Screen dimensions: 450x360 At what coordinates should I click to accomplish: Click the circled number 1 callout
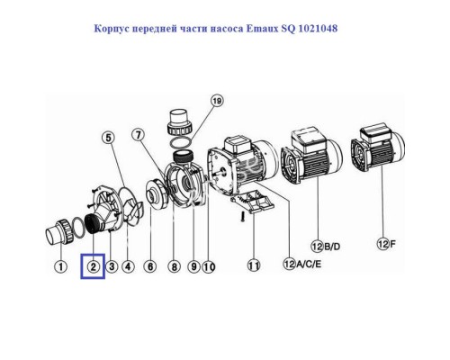tap(61, 266)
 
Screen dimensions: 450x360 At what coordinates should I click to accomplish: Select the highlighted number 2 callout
tap(93, 266)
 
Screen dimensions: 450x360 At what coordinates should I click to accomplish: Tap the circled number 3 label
tap(112, 266)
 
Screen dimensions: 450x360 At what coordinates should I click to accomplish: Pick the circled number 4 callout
tap(128, 266)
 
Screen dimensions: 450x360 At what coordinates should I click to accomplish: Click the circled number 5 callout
tap(108, 138)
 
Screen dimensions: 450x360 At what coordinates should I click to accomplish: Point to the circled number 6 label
tap(150, 266)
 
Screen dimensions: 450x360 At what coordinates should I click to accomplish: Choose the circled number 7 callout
tap(138, 135)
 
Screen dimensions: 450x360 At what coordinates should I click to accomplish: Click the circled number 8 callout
tap(175, 266)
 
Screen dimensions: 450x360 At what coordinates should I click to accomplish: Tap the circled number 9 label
tap(193, 266)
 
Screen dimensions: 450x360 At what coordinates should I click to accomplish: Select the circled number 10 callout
tap(209, 266)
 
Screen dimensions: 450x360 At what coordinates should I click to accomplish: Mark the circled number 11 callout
tap(254, 265)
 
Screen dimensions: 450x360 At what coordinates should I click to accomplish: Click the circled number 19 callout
tap(217, 101)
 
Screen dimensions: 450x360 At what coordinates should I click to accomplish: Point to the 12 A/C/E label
tap(302, 264)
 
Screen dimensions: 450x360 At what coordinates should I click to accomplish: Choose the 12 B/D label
tap(326, 247)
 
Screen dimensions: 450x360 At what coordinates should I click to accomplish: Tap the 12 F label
tap(386, 244)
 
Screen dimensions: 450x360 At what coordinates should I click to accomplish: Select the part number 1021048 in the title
tap(319, 29)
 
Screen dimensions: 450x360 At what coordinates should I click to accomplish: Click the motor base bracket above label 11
tap(253, 202)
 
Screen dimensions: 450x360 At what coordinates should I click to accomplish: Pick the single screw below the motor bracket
tap(243, 217)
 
